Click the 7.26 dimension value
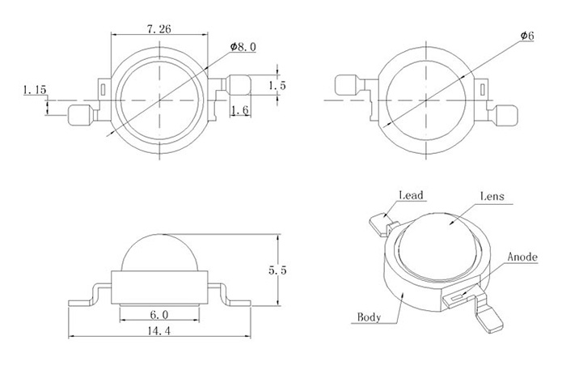(158, 29)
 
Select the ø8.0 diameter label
(243, 47)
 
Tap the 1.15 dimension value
(35, 90)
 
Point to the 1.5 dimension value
(277, 85)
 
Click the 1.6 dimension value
(240, 110)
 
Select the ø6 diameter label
(527, 36)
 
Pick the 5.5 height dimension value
(277, 270)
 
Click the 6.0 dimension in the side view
(159, 315)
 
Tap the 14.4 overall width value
(158, 330)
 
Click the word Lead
(411, 195)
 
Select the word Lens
(492, 196)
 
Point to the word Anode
(522, 257)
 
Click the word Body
(369, 317)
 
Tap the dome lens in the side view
(159, 253)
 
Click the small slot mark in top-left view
(103, 90)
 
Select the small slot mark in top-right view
(483, 90)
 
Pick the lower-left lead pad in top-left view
(79, 115)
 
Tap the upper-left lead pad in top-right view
(347, 84)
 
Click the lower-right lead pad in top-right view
(507, 115)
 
